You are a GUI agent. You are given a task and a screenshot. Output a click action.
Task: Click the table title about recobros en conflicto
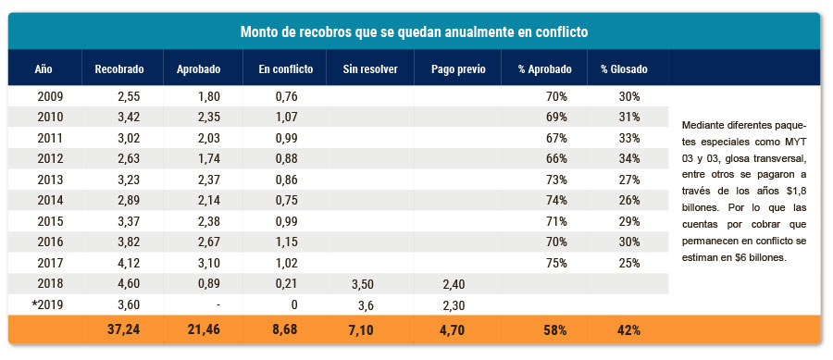pyautogui.click(x=414, y=31)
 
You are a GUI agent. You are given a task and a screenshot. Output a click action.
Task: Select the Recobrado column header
pyautogui.click(x=119, y=69)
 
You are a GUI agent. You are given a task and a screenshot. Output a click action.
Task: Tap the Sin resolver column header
pyautogui.click(x=369, y=69)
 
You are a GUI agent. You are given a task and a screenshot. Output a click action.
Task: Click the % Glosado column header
pyautogui.click(x=624, y=69)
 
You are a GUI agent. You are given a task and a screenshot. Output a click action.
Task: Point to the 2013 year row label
pyautogui.click(x=51, y=180)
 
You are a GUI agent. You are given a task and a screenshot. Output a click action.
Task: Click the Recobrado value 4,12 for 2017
pyautogui.click(x=128, y=263)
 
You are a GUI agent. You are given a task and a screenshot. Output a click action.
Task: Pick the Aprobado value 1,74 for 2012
pyautogui.click(x=208, y=159)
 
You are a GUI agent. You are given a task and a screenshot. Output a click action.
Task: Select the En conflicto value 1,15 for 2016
pyautogui.click(x=286, y=242)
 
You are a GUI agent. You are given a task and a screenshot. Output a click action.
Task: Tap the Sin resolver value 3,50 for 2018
pyautogui.click(x=362, y=284)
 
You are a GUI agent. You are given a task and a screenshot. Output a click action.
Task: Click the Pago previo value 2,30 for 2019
pyautogui.click(x=454, y=304)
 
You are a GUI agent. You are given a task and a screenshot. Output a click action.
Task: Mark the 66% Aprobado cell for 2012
pyautogui.click(x=556, y=159)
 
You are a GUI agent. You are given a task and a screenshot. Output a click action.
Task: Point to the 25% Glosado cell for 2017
pyautogui.click(x=629, y=263)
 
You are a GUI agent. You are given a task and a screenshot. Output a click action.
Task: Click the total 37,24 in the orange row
pyautogui.click(x=124, y=329)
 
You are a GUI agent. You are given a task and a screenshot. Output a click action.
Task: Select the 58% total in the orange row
pyautogui.click(x=555, y=329)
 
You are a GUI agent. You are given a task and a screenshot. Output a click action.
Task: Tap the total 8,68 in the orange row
pyautogui.click(x=284, y=329)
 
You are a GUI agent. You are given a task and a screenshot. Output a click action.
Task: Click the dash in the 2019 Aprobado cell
pyautogui.click(x=218, y=305)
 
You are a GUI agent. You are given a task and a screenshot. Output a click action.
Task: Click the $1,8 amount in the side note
pyautogui.click(x=796, y=192)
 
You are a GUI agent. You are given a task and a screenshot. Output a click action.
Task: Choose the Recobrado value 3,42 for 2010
pyautogui.click(x=128, y=117)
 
